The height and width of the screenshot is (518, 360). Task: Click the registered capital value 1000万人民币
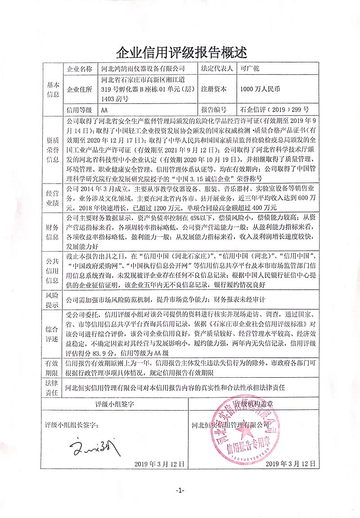click(260, 89)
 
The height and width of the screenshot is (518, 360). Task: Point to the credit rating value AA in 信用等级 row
click(104, 110)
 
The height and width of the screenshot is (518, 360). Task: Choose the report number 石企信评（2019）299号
click(274, 110)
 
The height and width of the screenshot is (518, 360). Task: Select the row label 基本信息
click(53, 89)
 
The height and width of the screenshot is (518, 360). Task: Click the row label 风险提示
click(53, 299)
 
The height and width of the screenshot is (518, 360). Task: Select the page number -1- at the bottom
click(180, 490)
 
